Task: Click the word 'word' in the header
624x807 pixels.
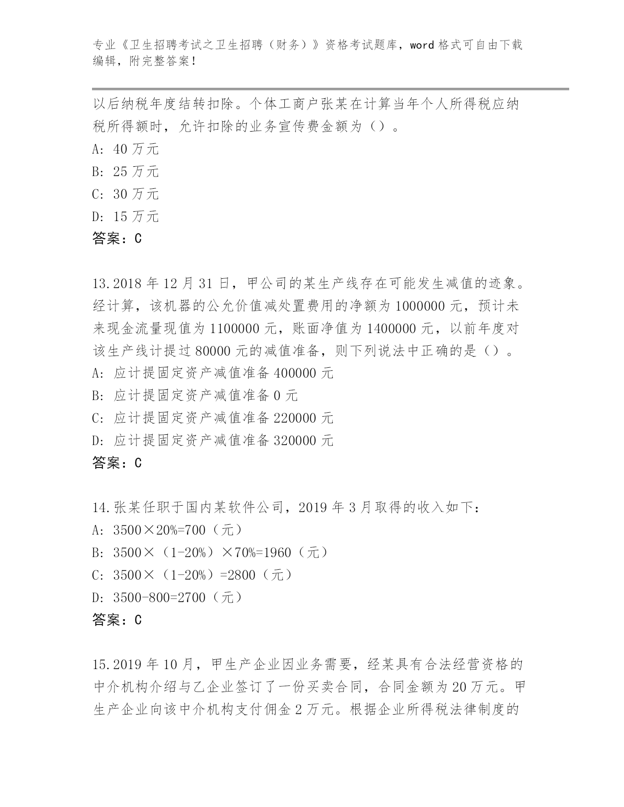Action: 422,45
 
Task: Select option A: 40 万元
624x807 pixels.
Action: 126,149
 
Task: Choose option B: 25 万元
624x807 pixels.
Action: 126,172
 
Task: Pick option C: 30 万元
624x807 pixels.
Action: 126,194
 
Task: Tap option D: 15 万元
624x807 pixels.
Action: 126,217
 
